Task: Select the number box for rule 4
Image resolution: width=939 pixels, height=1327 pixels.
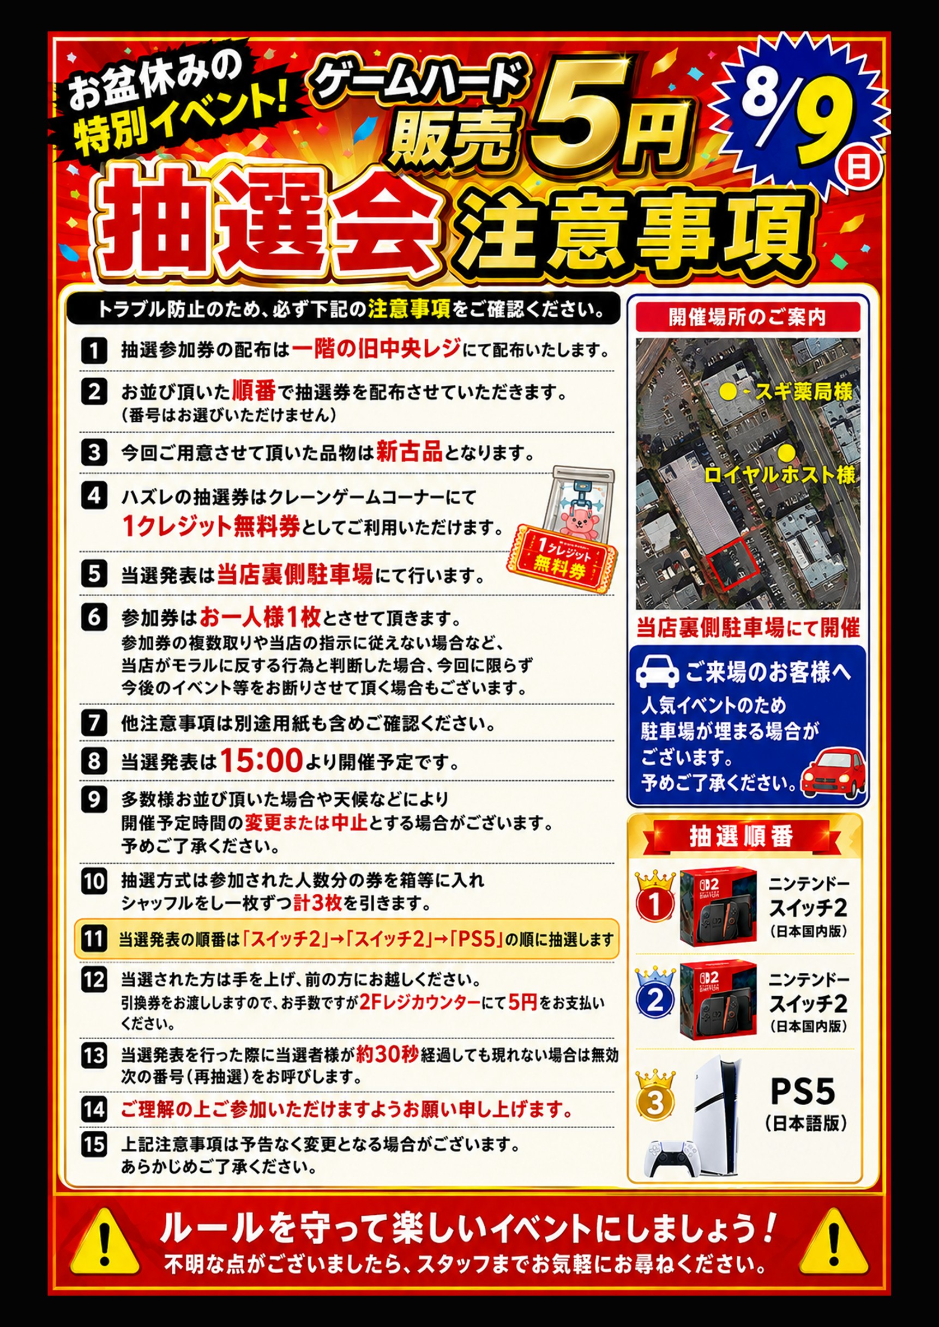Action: (94, 495)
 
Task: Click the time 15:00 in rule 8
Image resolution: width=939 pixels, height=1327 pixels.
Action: (261, 760)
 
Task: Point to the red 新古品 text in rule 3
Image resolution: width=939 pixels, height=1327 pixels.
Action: (409, 451)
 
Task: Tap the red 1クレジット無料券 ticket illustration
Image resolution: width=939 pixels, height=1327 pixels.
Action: (562, 558)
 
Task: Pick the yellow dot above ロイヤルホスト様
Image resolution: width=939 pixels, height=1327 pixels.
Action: (786, 452)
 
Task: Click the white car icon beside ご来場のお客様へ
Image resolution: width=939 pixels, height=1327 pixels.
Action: (658, 671)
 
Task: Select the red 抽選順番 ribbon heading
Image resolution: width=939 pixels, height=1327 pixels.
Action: (741, 836)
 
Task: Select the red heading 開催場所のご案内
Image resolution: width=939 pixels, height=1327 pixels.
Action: (748, 317)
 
